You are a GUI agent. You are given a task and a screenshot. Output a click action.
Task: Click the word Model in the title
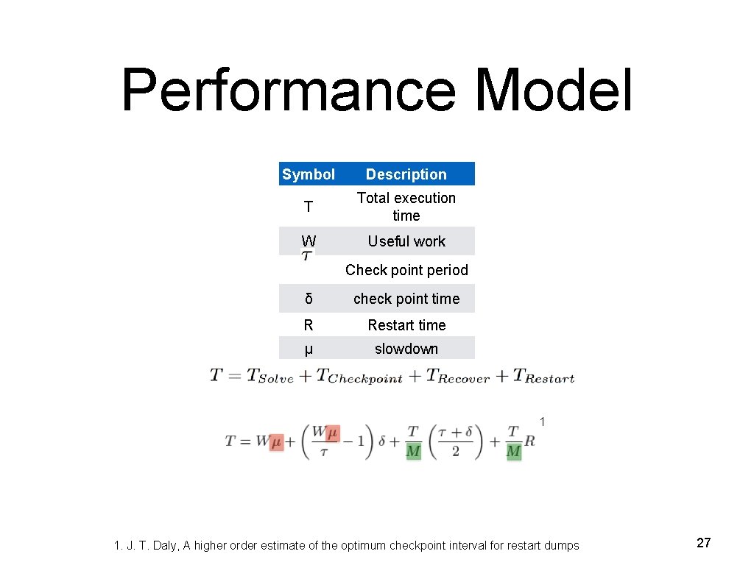pyautogui.click(x=554, y=91)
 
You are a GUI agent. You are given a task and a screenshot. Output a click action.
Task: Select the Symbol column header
pyautogui.click(x=309, y=174)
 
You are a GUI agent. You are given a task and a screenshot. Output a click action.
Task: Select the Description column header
pyautogui.click(x=406, y=174)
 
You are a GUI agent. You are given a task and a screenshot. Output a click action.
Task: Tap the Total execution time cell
pyautogui.click(x=406, y=207)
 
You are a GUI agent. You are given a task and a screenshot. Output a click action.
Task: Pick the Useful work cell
pyautogui.click(x=406, y=241)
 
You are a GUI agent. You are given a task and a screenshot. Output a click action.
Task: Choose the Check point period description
pyautogui.click(x=406, y=270)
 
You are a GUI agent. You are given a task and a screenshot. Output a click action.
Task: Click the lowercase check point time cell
pyautogui.click(x=406, y=299)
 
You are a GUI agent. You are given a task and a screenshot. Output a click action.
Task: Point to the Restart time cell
pyautogui.click(x=406, y=325)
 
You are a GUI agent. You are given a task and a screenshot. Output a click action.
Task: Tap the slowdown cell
pyautogui.click(x=406, y=349)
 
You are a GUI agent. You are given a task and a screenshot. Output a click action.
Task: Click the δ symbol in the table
pyautogui.click(x=309, y=299)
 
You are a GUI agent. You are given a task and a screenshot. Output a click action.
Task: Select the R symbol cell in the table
pyautogui.click(x=309, y=325)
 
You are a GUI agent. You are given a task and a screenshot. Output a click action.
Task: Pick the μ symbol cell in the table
pyautogui.click(x=309, y=349)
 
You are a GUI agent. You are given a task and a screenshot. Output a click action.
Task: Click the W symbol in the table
pyautogui.click(x=309, y=241)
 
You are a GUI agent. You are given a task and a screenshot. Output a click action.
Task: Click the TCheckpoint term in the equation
pyautogui.click(x=359, y=376)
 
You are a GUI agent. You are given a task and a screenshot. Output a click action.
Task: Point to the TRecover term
pyautogui.click(x=457, y=376)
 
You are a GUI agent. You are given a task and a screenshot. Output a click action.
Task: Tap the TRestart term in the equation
pyautogui.click(x=543, y=376)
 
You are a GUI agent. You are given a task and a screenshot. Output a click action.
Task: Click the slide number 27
pyautogui.click(x=704, y=543)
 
